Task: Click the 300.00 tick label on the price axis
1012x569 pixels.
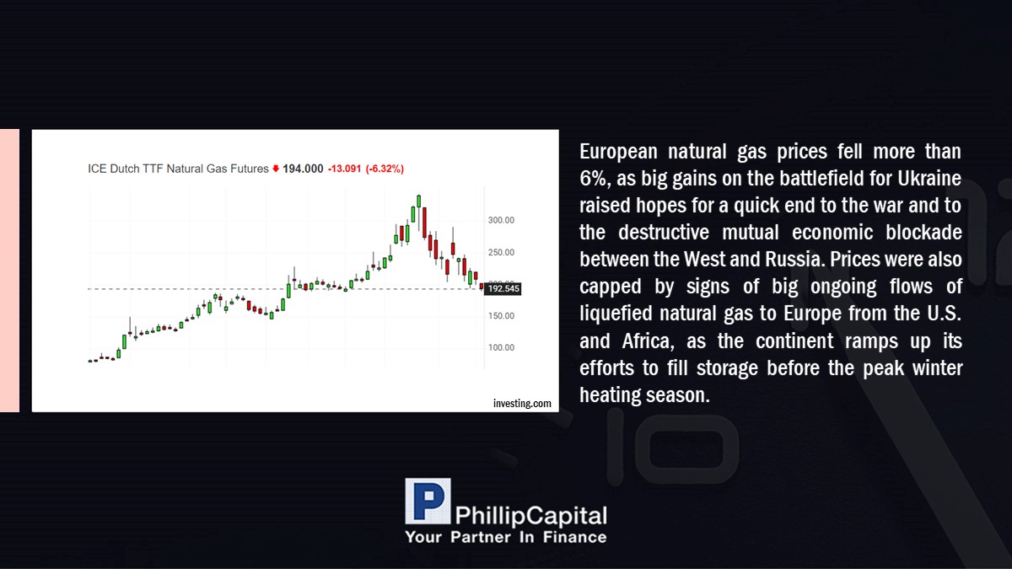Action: click(x=501, y=220)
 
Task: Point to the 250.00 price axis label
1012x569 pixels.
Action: click(x=501, y=252)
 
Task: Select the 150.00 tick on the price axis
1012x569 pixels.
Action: click(x=501, y=316)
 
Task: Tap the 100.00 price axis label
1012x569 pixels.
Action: click(x=501, y=347)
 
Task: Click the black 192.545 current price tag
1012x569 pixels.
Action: click(x=503, y=288)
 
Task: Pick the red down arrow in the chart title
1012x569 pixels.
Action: click(x=276, y=169)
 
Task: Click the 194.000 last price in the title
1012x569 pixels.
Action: click(x=303, y=169)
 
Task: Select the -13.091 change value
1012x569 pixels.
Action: click(x=345, y=169)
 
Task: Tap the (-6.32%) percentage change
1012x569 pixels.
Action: click(x=385, y=169)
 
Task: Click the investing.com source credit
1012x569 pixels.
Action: click(x=522, y=403)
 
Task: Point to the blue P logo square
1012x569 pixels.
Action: click(x=428, y=502)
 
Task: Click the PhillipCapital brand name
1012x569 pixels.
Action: click(x=530, y=516)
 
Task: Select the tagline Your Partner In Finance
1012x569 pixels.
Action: click(x=505, y=537)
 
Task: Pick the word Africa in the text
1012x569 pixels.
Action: click(x=648, y=341)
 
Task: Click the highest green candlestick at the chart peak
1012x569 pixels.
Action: click(x=419, y=201)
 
